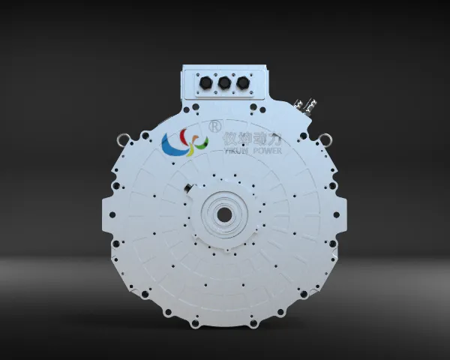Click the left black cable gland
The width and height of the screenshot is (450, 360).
click(205, 83)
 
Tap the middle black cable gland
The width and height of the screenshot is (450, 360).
click(224, 83)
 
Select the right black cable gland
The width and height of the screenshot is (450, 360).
click(243, 83)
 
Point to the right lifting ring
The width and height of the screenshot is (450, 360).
click(326, 139)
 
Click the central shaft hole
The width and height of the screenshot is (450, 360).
click(224, 214)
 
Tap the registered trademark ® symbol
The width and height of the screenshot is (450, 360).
click(216, 126)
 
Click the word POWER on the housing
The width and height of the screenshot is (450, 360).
click(268, 151)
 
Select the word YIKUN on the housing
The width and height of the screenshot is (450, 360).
click(235, 151)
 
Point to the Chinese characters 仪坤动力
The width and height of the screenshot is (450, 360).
click(252, 139)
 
